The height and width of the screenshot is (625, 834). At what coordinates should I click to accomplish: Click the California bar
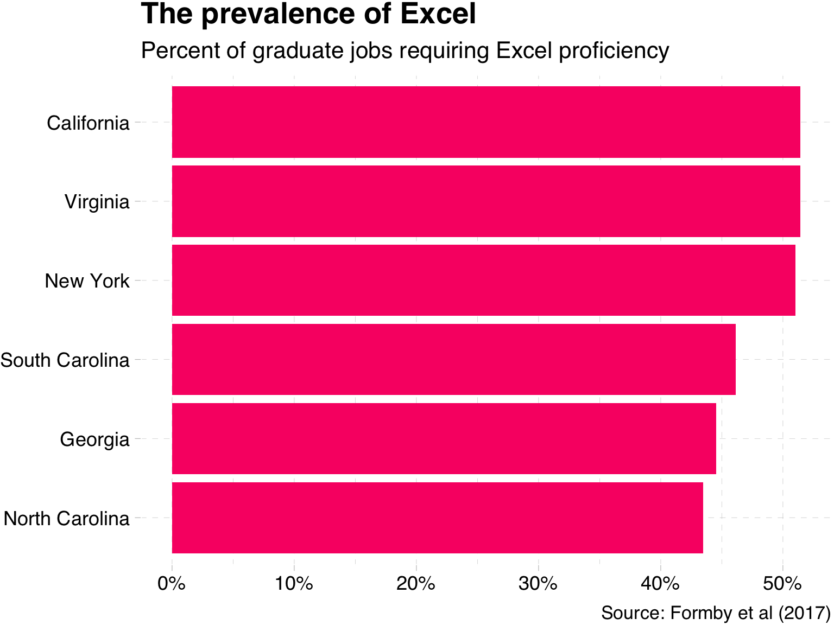click(486, 122)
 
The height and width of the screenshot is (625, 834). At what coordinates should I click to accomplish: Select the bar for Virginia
click(486, 201)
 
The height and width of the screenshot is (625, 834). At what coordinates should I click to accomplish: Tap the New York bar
click(483, 280)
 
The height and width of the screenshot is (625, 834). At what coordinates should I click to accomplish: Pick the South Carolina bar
click(453, 359)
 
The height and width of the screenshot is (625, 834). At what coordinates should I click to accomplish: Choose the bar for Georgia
click(444, 438)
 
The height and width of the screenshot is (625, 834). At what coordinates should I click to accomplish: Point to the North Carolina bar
click(437, 518)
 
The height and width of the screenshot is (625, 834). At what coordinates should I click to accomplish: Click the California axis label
click(89, 123)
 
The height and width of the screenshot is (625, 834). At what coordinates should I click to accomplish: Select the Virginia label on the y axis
click(97, 202)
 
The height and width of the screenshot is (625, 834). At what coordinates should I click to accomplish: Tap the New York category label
click(87, 281)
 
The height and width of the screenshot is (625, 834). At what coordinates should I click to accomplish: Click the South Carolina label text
click(65, 360)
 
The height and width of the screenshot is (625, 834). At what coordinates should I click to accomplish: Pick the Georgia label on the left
click(95, 439)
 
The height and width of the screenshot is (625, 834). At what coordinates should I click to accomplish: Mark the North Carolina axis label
click(67, 519)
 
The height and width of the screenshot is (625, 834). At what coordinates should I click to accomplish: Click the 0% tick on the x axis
click(172, 584)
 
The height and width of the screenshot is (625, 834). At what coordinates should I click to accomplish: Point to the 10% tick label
click(294, 584)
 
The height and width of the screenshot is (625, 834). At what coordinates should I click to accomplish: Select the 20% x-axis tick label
click(416, 584)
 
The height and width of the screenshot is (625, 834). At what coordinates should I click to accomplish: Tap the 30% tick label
click(538, 584)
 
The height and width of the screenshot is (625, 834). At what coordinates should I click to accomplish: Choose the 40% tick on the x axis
click(660, 584)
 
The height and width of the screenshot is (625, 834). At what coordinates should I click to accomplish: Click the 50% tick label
click(782, 584)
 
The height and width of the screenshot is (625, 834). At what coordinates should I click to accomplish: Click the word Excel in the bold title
click(438, 14)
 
